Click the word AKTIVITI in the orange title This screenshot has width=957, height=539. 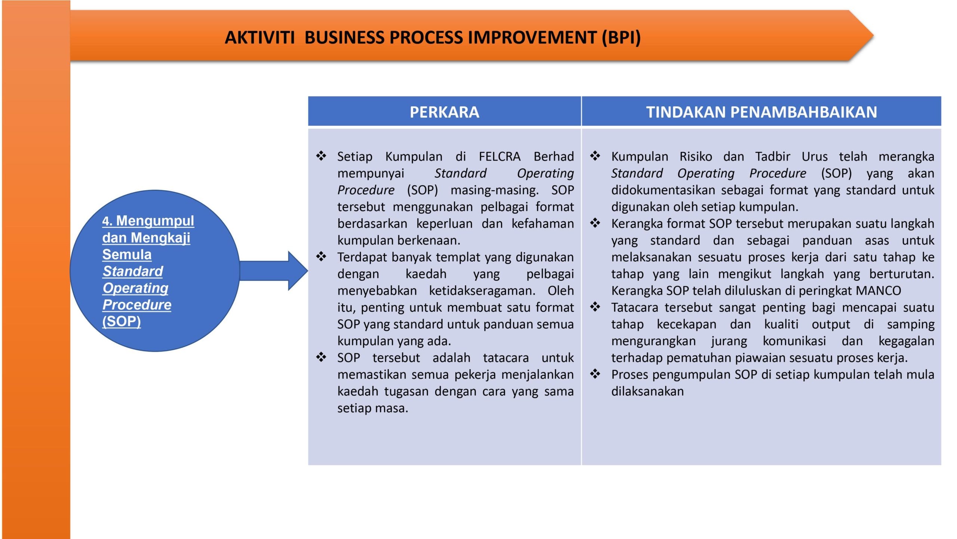point(259,37)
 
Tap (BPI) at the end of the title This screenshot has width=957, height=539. point(621,38)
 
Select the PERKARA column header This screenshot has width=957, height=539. point(444,112)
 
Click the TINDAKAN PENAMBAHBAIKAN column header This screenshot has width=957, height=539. point(761,112)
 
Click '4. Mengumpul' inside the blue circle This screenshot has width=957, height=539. point(148,221)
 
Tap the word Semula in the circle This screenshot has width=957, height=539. point(127,255)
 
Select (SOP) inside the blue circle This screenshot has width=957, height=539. point(121,322)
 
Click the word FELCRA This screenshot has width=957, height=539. point(499,156)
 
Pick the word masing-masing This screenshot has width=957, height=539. point(494,191)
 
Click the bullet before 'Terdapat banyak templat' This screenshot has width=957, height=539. point(321,257)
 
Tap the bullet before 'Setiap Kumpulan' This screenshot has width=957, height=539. point(321,156)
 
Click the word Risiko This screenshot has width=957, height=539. point(696,156)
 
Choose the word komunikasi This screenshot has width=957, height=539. point(794,341)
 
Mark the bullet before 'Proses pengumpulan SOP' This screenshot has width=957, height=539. point(595,374)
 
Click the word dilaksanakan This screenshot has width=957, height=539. point(647,391)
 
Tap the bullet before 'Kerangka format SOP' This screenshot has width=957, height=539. point(595,223)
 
